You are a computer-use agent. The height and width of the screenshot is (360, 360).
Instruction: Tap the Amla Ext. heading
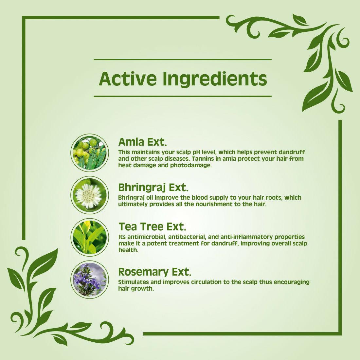[142, 142]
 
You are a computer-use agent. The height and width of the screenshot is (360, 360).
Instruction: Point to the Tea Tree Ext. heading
[152, 227]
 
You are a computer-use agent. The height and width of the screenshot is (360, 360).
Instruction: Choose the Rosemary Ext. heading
[155, 272]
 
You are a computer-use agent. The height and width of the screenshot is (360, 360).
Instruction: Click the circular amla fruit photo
[90, 153]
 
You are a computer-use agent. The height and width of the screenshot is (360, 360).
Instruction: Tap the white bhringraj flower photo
[90, 195]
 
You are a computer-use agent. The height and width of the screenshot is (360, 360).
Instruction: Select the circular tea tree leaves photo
[90, 237]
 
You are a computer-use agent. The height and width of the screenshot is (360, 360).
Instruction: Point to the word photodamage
[190, 166]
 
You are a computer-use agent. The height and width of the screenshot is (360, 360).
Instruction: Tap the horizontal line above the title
[183, 60]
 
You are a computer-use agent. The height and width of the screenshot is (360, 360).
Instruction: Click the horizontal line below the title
[183, 96]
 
